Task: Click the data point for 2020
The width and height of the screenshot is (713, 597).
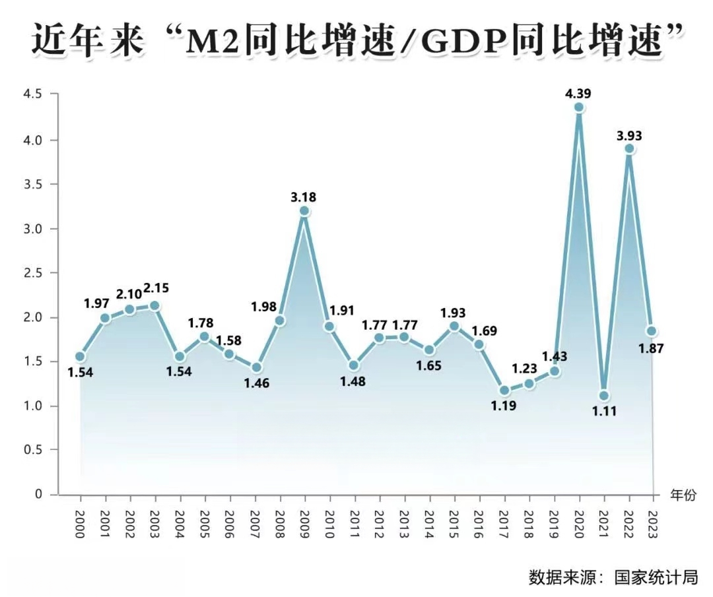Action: point(579,108)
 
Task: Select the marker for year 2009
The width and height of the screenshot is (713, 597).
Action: point(304,211)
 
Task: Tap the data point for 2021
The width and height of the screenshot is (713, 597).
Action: point(603,396)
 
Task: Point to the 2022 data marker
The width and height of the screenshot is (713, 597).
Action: point(629,148)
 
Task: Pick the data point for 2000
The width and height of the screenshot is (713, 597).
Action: point(80,356)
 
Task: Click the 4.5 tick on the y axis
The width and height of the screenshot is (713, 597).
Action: point(32,94)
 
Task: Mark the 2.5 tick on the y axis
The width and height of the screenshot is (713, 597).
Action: point(32,272)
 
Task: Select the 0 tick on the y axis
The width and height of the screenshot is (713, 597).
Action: point(38,494)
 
